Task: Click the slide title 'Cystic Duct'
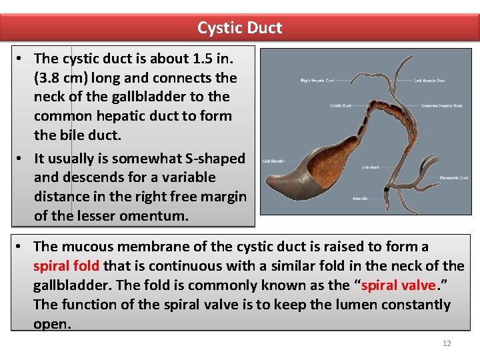[239, 28]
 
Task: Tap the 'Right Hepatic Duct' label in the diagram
[316, 81]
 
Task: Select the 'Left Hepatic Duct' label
[429, 81]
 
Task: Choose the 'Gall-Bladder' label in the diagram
[275, 161]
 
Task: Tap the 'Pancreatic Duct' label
[454, 178]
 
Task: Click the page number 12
[446, 343]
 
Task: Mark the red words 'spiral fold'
[66, 266]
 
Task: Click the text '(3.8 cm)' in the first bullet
[65, 77]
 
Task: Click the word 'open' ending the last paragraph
[52, 323]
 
